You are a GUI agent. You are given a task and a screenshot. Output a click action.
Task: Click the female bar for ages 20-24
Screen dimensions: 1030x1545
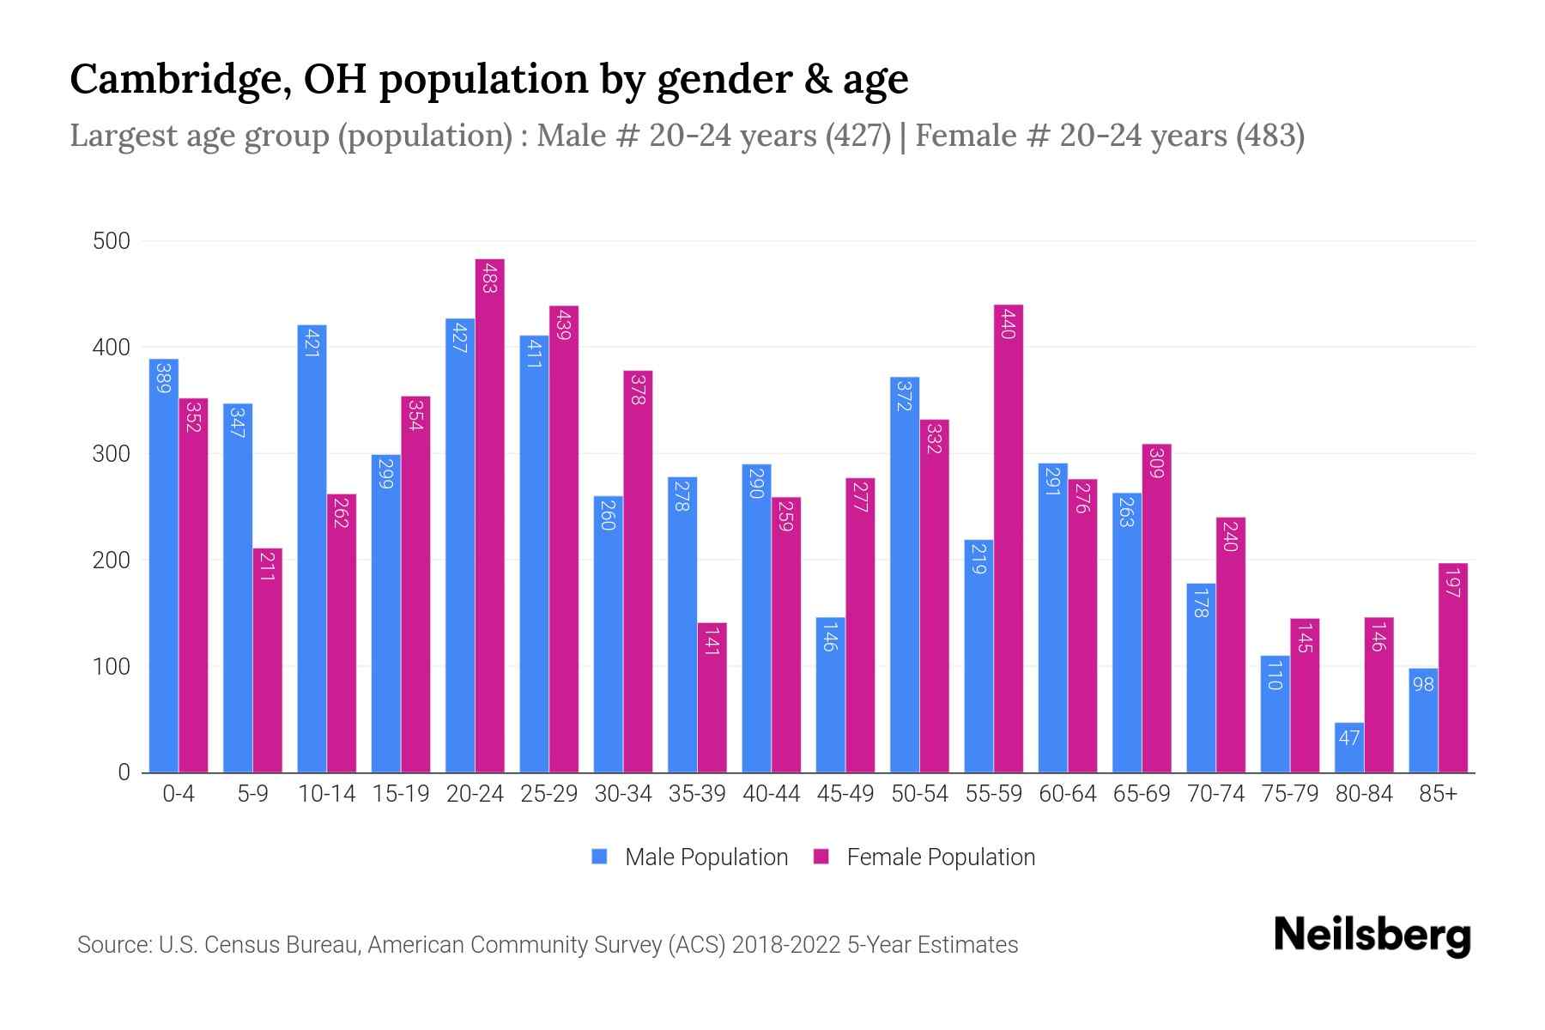(x=489, y=515)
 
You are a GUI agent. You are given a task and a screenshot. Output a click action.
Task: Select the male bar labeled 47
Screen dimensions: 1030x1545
(x=1348, y=748)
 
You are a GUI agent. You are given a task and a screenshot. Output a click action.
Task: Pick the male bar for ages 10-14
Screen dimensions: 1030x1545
(x=312, y=549)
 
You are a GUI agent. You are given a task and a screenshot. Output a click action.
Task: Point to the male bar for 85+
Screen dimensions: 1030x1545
(x=1423, y=720)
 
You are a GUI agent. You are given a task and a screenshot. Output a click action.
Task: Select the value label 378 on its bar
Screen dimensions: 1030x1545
(x=638, y=389)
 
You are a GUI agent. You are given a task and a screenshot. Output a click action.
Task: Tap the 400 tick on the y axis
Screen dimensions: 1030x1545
(x=112, y=348)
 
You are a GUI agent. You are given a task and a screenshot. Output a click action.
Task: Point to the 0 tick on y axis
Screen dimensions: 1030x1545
(x=124, y=772)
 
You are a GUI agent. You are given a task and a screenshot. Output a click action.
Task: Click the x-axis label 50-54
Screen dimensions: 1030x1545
(x=919, y=794)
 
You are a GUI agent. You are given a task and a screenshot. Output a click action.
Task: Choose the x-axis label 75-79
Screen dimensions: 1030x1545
(x=1289, y=794)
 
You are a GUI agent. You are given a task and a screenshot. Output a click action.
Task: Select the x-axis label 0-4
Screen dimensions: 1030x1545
(x=179, y=794)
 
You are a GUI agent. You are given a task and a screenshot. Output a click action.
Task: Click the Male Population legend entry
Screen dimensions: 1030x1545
(x=706, y=857)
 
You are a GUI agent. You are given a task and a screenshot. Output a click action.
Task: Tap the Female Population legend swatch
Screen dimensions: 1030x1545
(x=821, y=857)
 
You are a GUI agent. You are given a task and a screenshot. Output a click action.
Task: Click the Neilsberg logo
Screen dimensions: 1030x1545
(x=1372, y=936)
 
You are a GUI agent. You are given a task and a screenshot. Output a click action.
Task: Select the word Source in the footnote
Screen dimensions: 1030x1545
(x=113, y=945)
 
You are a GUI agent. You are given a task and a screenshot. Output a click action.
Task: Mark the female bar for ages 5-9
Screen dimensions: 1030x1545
(x=267, y=660)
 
